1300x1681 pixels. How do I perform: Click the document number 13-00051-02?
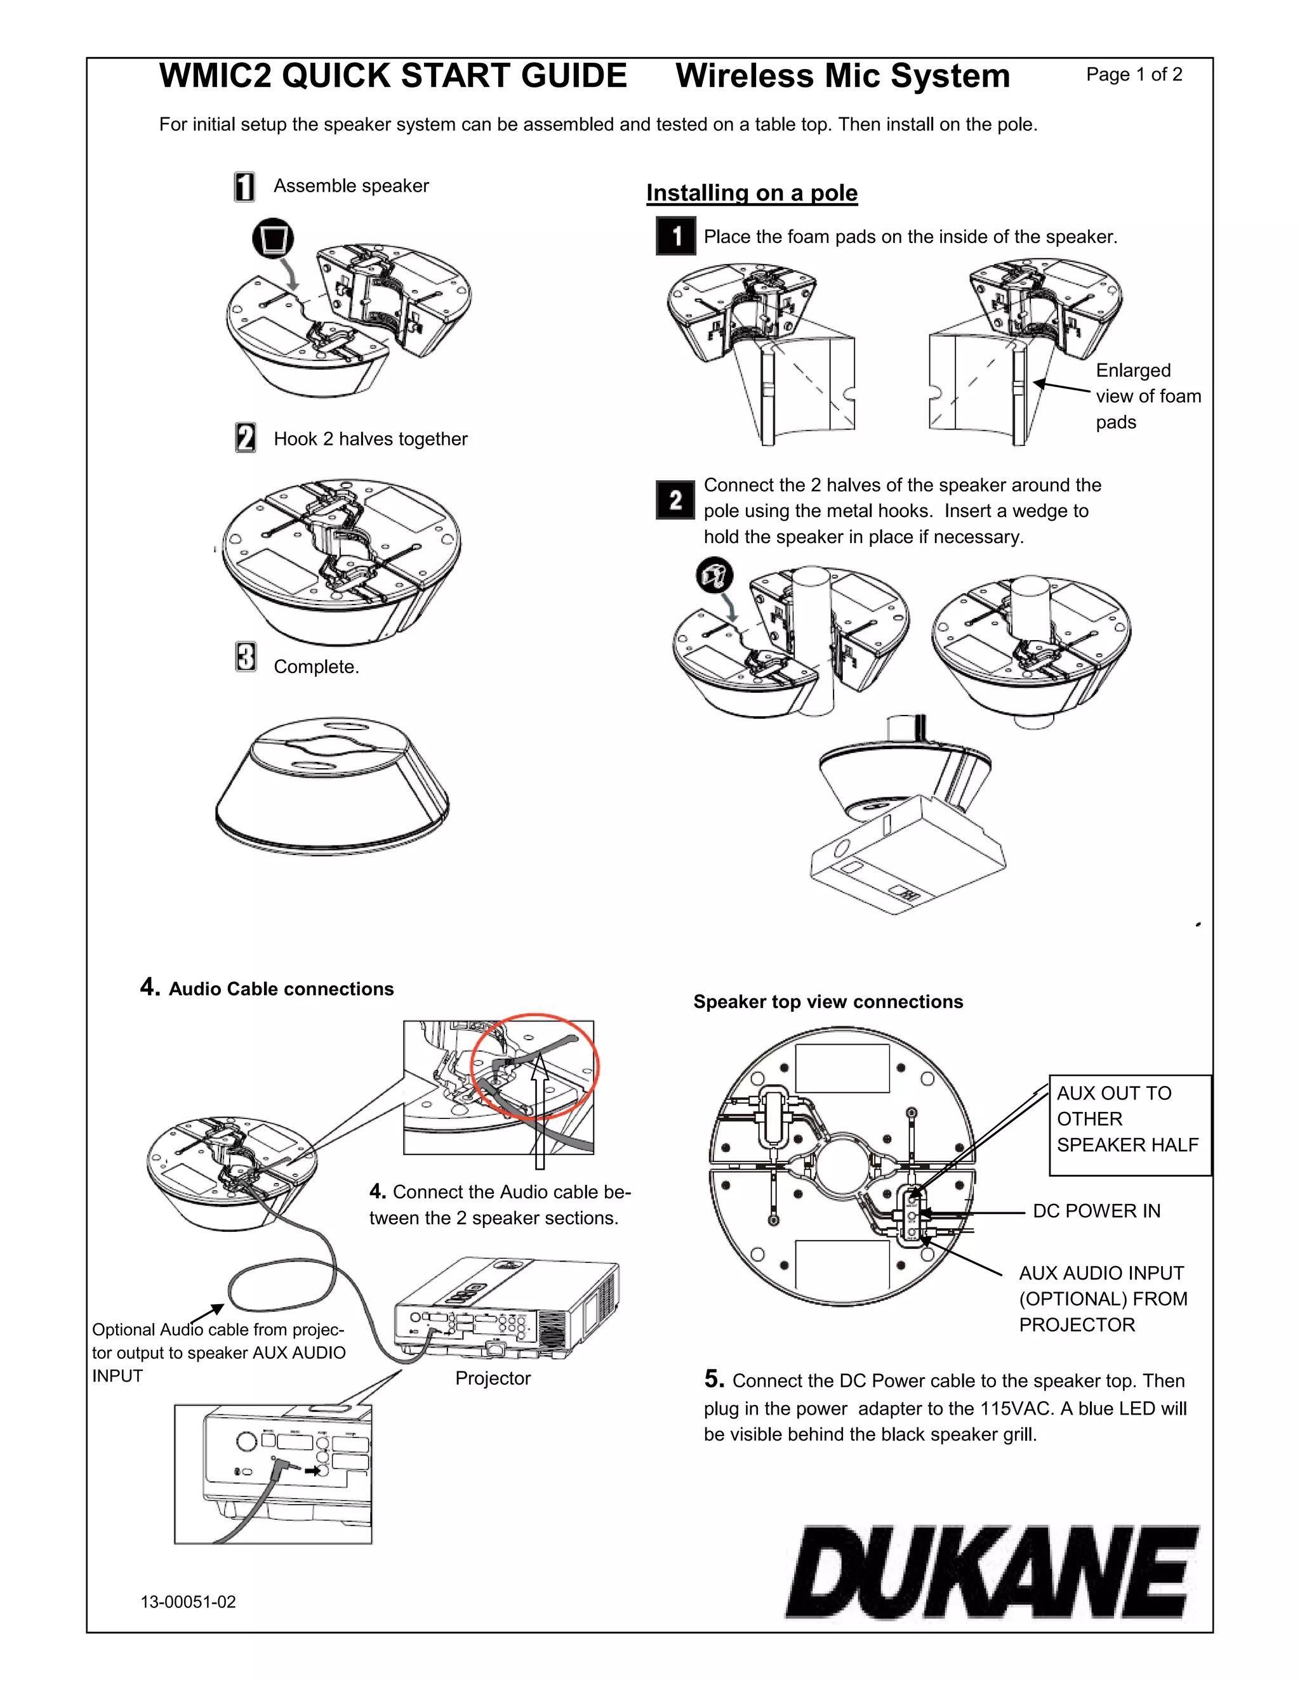(x=188, y=1602)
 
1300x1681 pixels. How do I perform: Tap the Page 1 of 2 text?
(x=1134, y=75)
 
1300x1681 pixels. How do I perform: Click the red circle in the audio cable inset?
(x=535, y=1065)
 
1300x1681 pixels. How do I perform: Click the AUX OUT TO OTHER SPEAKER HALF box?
(x=1129, y=1125)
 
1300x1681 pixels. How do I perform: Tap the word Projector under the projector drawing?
(x=493, y=1378)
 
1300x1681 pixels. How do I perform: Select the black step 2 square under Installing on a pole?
(x=675, y=500)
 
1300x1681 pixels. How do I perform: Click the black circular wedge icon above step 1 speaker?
(x=274, y=239)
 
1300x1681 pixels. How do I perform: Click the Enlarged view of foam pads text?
(x=1147, y=396)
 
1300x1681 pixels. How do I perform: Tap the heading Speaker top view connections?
(x=828, y=1002)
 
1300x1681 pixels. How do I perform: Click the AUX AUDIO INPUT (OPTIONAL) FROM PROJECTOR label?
(x=1102, y=1298)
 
